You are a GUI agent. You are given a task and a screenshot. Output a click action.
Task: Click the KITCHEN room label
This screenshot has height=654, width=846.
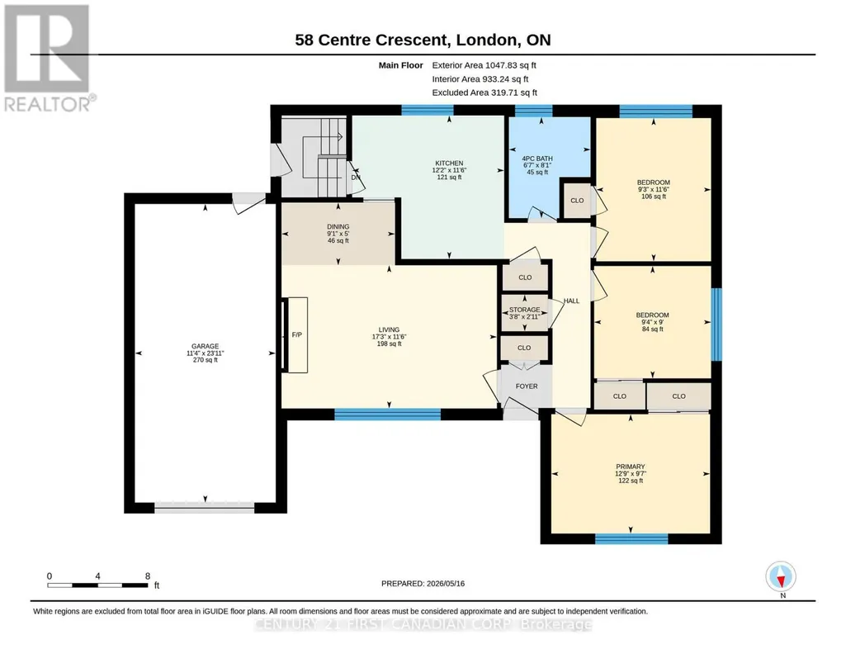click(449, 163)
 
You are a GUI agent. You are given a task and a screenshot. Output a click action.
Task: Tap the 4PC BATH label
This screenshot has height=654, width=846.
click(536, 159)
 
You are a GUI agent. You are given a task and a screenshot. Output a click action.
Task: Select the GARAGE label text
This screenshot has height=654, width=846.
click(205, 347)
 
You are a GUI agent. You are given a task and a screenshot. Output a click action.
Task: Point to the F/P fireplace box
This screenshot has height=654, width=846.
click(295, 334)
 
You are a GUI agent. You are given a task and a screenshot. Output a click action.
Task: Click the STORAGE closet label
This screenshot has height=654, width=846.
click(524, 310)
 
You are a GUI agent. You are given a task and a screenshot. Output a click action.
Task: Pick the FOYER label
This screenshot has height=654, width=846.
click(527, 386)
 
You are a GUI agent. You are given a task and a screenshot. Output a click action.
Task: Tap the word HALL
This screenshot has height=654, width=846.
click(571, 301)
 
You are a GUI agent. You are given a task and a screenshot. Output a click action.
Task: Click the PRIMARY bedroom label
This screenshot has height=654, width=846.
click(631, 467)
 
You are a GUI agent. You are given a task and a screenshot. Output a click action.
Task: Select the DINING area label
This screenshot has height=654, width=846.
click(338, 226)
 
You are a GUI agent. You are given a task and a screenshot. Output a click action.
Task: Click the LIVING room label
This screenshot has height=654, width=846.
click(389, 329)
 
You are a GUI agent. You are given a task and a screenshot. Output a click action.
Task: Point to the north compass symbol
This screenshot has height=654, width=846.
click(781, 577)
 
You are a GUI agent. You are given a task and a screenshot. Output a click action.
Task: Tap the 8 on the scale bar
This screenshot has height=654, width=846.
click(147, 576)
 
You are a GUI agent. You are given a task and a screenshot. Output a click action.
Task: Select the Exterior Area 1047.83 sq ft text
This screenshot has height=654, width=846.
click(484, 65)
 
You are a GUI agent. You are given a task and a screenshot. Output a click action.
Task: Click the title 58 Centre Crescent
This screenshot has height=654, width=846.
click(371, 40)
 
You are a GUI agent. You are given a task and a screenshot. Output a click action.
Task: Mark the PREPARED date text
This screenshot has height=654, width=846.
click(423, 583)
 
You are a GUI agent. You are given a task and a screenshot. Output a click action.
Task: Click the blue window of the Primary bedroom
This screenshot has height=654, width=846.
click(631, 538)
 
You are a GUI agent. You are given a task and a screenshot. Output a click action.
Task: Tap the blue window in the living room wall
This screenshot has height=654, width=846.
click(387, 415)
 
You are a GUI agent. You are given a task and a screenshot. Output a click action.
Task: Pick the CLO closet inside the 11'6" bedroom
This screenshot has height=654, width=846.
click(577, 200)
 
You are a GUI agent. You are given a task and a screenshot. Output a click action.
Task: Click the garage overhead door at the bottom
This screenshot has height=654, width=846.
click(205, 507)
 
